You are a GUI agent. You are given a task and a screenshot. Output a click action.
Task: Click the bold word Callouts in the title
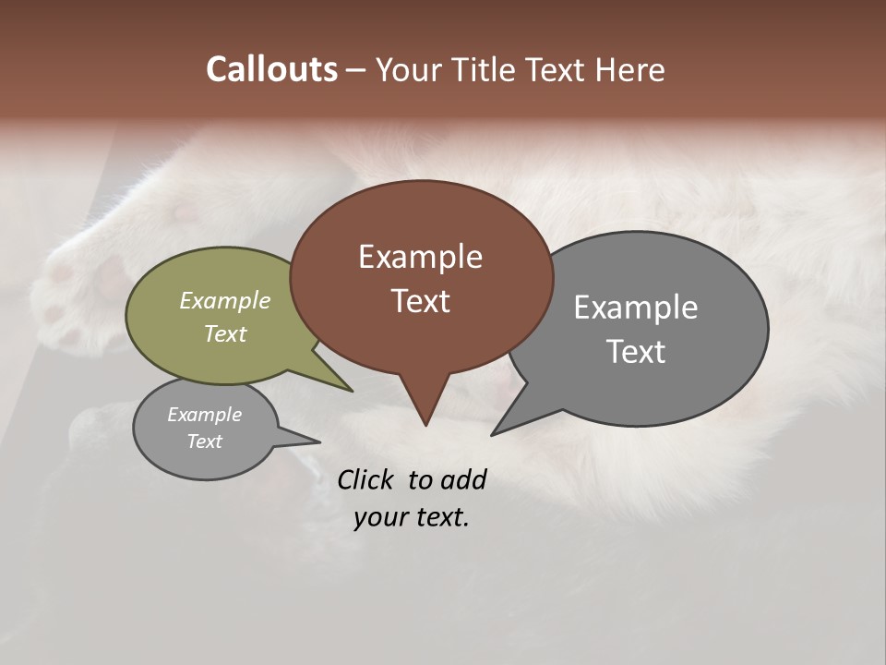click(x=271, y=69)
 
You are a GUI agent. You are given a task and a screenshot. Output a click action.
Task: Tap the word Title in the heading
click(x=478, y=70)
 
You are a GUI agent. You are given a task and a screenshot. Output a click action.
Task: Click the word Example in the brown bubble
click(x=420, y=257)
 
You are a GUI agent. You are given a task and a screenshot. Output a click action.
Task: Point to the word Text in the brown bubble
click(x=420, y=301)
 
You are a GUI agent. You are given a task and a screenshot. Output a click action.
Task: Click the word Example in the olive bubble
click(x=225, y=301)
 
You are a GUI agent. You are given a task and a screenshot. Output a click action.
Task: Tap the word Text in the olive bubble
click(x=225, y=333)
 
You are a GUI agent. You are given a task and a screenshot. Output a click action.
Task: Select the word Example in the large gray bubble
click(x=635, y=308)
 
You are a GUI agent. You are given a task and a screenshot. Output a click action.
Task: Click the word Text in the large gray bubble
click(x=635, y=352)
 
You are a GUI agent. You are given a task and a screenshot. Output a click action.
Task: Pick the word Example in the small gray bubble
click(x=204, y=415)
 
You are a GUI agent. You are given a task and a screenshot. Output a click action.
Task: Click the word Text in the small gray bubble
click(x=204, y=441)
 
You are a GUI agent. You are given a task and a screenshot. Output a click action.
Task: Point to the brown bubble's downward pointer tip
click(x=425, y=423)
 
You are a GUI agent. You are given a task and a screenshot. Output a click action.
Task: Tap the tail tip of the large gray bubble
click(x=494, y=433)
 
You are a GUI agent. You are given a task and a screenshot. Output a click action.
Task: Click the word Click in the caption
click(x=366, y=480)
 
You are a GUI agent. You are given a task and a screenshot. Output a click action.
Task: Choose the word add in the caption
click(x=462, y=480)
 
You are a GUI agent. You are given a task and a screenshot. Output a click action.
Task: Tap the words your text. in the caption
click(x=412, y=517)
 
